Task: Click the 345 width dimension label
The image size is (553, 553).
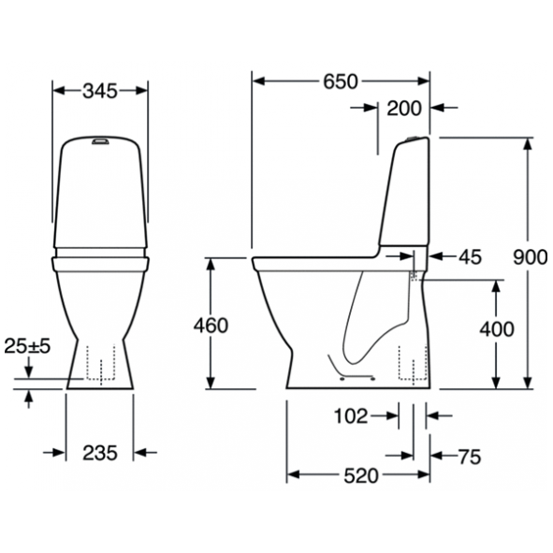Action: [x=100, y=92]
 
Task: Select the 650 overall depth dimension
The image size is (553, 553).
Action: [x=341, y=81]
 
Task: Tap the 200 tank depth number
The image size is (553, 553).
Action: [x=404, y=109]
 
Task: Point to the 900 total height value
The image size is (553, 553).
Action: [x=531, y=257]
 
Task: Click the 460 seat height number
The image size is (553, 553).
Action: [x=211, y=326]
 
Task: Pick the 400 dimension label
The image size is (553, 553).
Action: [x=497, y=329]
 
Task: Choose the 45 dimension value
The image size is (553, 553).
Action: [x=470, y=257]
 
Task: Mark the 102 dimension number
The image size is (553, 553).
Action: [x=351, y=416]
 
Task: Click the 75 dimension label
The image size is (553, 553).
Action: [x=470, y=457]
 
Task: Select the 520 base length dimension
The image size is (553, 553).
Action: [x=361, y=476]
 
